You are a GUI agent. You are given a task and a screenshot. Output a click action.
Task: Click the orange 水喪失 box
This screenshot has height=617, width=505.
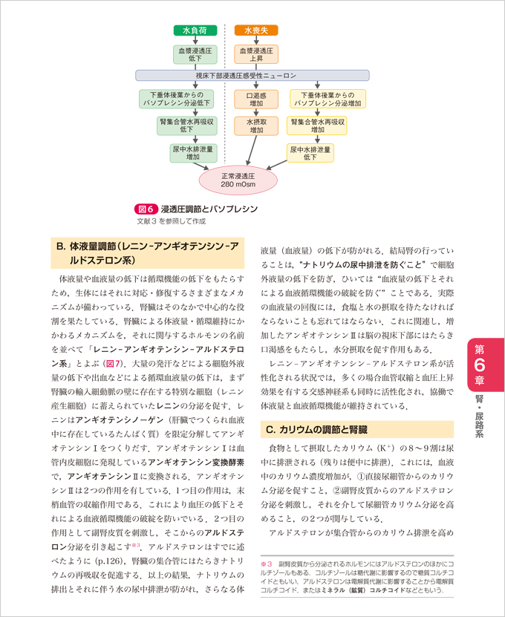tap(256, 30)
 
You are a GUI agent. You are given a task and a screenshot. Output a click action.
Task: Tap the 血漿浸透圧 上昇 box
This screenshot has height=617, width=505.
tap(256, 54)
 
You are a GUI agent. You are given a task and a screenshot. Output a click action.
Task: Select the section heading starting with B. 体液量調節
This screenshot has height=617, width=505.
tap(149, 253)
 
